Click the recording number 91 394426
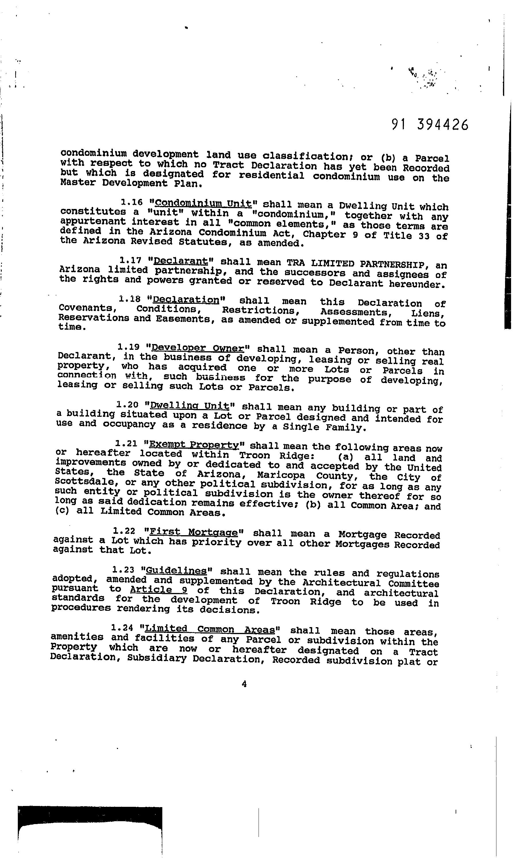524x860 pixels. (430, 125)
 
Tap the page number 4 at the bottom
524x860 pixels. (244, 684)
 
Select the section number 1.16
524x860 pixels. (132, 202)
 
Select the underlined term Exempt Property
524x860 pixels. (194, 445)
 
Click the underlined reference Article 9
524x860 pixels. (159, 590)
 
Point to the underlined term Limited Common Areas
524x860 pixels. (210, 629)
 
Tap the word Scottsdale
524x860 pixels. (83, 482)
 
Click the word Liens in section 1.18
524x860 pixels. (428, 313)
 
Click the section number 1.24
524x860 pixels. (122, 628)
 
